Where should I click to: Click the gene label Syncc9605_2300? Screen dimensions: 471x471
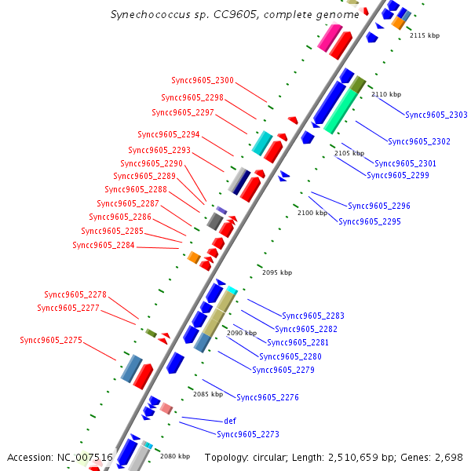click(203, 81)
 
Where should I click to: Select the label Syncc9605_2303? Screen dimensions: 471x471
click(436, 115)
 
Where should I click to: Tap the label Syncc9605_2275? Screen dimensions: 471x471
click(51, 341)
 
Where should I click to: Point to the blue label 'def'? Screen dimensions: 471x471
click(230, 421)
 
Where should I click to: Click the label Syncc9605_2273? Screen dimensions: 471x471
click(248, 434)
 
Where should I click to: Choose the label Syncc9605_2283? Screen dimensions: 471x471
click(313, 316)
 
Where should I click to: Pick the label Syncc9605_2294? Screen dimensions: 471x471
click(169, 135)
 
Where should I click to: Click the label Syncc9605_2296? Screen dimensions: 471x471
click(379, 206)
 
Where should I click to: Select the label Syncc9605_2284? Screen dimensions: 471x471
click(104, 246)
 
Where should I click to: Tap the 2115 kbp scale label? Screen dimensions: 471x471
click(425, 35)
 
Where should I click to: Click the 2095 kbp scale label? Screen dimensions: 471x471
click(276, 272)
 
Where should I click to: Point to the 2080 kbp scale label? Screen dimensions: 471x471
click(175, 456)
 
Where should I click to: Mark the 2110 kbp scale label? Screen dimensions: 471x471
click(385, 94)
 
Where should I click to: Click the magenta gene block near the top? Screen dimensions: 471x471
click(330, 36)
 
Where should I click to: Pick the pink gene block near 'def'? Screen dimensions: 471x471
click(166, 408)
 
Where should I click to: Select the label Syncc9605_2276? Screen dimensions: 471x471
click(268, 397)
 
